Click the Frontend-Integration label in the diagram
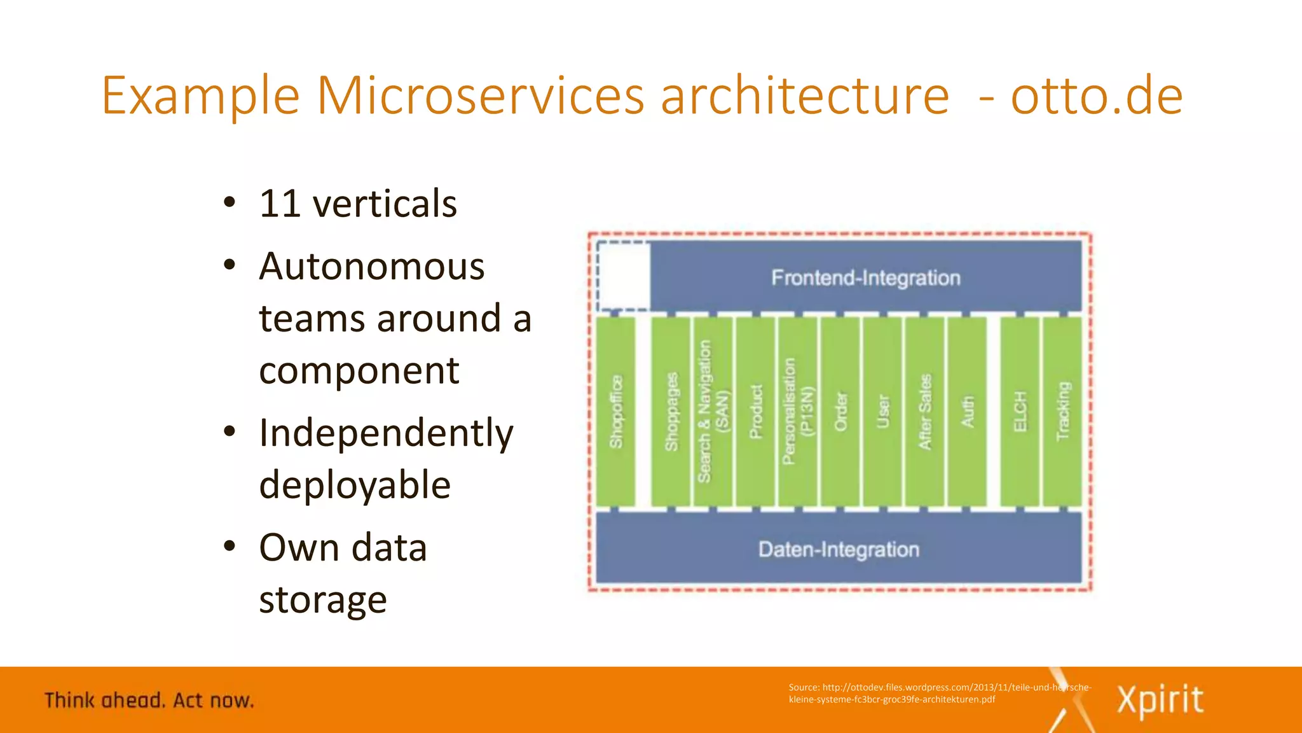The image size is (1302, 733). pos(865,278)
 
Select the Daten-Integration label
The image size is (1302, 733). pos(839,549)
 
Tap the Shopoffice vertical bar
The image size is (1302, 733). pos(615,412)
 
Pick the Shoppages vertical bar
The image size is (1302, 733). pos(671,412)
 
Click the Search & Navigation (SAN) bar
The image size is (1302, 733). pos(712,412)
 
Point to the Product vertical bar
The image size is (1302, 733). pos(755,412)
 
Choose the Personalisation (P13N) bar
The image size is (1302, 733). pos(797,412)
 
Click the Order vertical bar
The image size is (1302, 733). pos(840,412)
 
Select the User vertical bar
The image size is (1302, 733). pos(882,412)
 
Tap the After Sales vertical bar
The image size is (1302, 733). pos(925,412)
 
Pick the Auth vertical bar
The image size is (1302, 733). pos(967,412)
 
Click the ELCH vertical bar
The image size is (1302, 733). pos(1020,412)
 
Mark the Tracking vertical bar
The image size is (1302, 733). pos(1062,412)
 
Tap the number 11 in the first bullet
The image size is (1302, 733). pos(280,204)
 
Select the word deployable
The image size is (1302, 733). pos(355,485)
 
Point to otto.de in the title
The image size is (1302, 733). pos(1097,95)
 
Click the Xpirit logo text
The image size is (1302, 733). pos(1160,700)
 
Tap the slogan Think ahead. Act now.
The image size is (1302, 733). pos(149,701)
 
